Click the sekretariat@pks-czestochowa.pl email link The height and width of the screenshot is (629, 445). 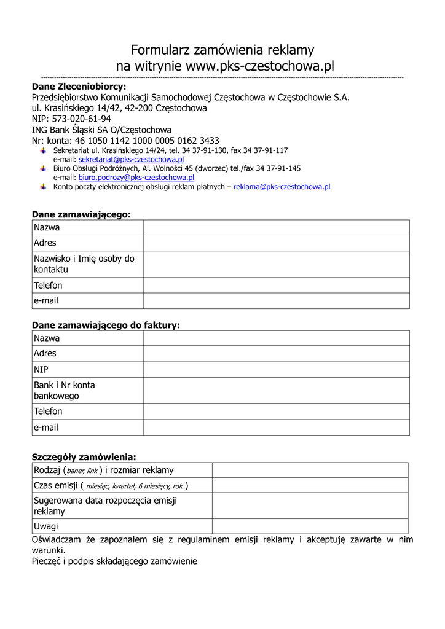[x=131, y=159]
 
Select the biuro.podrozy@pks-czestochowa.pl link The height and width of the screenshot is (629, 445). [x=136, y=178]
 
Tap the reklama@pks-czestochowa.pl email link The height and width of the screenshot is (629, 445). [x=282, y=187]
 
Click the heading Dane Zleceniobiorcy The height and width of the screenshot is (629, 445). [x=79, y=87]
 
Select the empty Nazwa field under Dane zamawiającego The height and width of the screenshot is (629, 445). [x=276, y=228]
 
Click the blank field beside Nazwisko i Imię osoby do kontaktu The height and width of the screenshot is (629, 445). [x=276, y=264]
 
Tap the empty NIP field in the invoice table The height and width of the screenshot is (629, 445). [x=276, y=370]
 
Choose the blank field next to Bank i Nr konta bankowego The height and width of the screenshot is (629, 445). [x=276, y=391]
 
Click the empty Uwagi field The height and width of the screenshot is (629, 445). [x=310, y=526]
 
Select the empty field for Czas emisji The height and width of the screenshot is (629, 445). [x=310, y=486]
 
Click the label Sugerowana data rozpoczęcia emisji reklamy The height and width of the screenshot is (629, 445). [x=105, y=506]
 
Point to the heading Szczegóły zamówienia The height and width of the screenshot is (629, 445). [x=84, y=456]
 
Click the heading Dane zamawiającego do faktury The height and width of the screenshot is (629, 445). [x=106, y=325]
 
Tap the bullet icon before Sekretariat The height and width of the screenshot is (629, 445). [x=43, y=150]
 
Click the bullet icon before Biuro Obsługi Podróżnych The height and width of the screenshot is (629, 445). [x=43, y=168]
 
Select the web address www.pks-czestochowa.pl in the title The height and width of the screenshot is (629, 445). [x=259, y=66]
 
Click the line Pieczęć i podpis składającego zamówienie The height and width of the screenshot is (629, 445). [x=114, y=561]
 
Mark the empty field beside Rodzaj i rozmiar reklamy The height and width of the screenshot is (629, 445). [x=310, y=471]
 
